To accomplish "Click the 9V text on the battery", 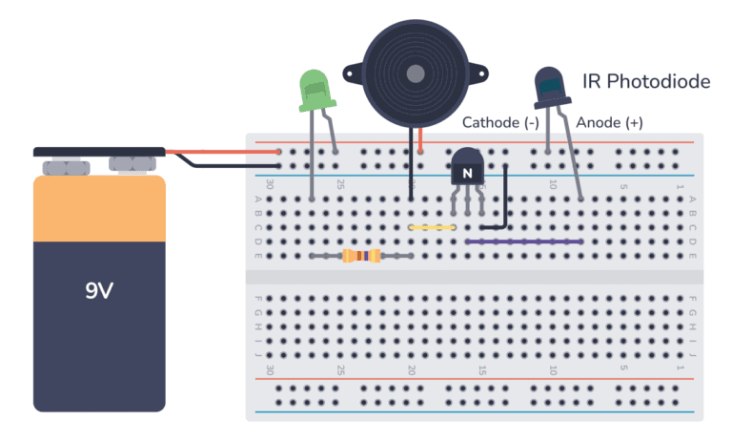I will (x=99, y=291).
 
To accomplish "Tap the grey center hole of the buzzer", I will (x=414, y=73).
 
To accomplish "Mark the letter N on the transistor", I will (x=467, y=173).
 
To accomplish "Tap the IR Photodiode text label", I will (x=646, y=82).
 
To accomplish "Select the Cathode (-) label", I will (x=500, y=123).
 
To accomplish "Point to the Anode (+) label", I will (x=609, y=123).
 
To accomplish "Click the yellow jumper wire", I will (x=432, y=227).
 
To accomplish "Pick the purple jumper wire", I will (x=524, y=241).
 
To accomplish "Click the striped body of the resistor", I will (x=361, y=256).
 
